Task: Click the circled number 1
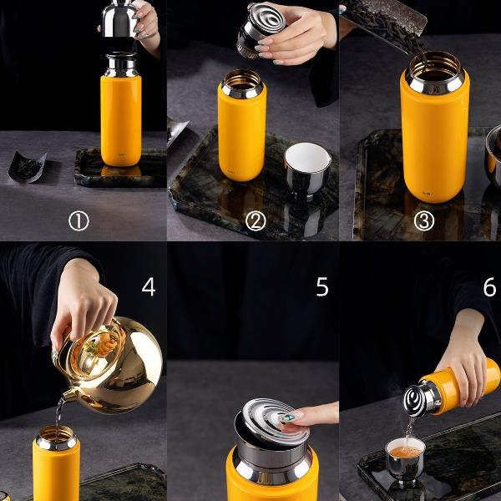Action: coord(78,221)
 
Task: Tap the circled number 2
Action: coord(256,220)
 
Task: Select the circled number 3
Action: coord(424,220)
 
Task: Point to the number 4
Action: coord(149,286)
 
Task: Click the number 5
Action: coord(322,286)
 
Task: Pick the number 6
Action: coord(490,286)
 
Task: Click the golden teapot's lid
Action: coord(98,350)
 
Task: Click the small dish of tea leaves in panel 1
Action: coord(27,167)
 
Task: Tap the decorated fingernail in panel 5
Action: coord(290,417)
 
